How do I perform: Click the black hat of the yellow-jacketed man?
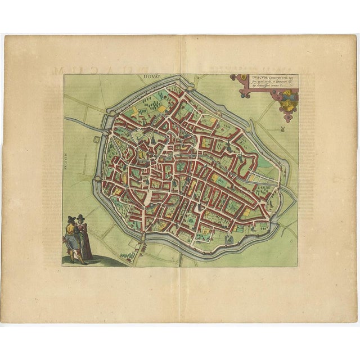[71, 219]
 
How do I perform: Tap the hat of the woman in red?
[81, 218]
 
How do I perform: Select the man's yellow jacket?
[71, 229]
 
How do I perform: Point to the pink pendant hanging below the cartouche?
[287, 117]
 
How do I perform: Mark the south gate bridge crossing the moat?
[180, 254]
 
